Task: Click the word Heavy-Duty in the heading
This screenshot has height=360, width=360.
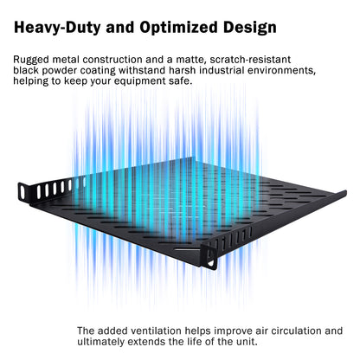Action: tap(57, 28)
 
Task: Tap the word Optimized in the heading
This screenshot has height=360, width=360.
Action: tap(179, 27)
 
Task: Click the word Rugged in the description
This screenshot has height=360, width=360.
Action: tap(31, 60)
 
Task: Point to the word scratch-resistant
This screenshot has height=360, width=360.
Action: tap(250, 60)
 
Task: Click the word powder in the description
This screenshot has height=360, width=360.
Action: tap(59, 71)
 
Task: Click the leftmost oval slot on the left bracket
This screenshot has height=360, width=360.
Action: tap(22, 192)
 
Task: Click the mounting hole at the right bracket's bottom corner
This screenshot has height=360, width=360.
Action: tap(212, 263)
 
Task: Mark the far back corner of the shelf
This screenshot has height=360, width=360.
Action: tap(193, 157)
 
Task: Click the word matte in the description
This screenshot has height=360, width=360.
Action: tap(190, 60)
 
